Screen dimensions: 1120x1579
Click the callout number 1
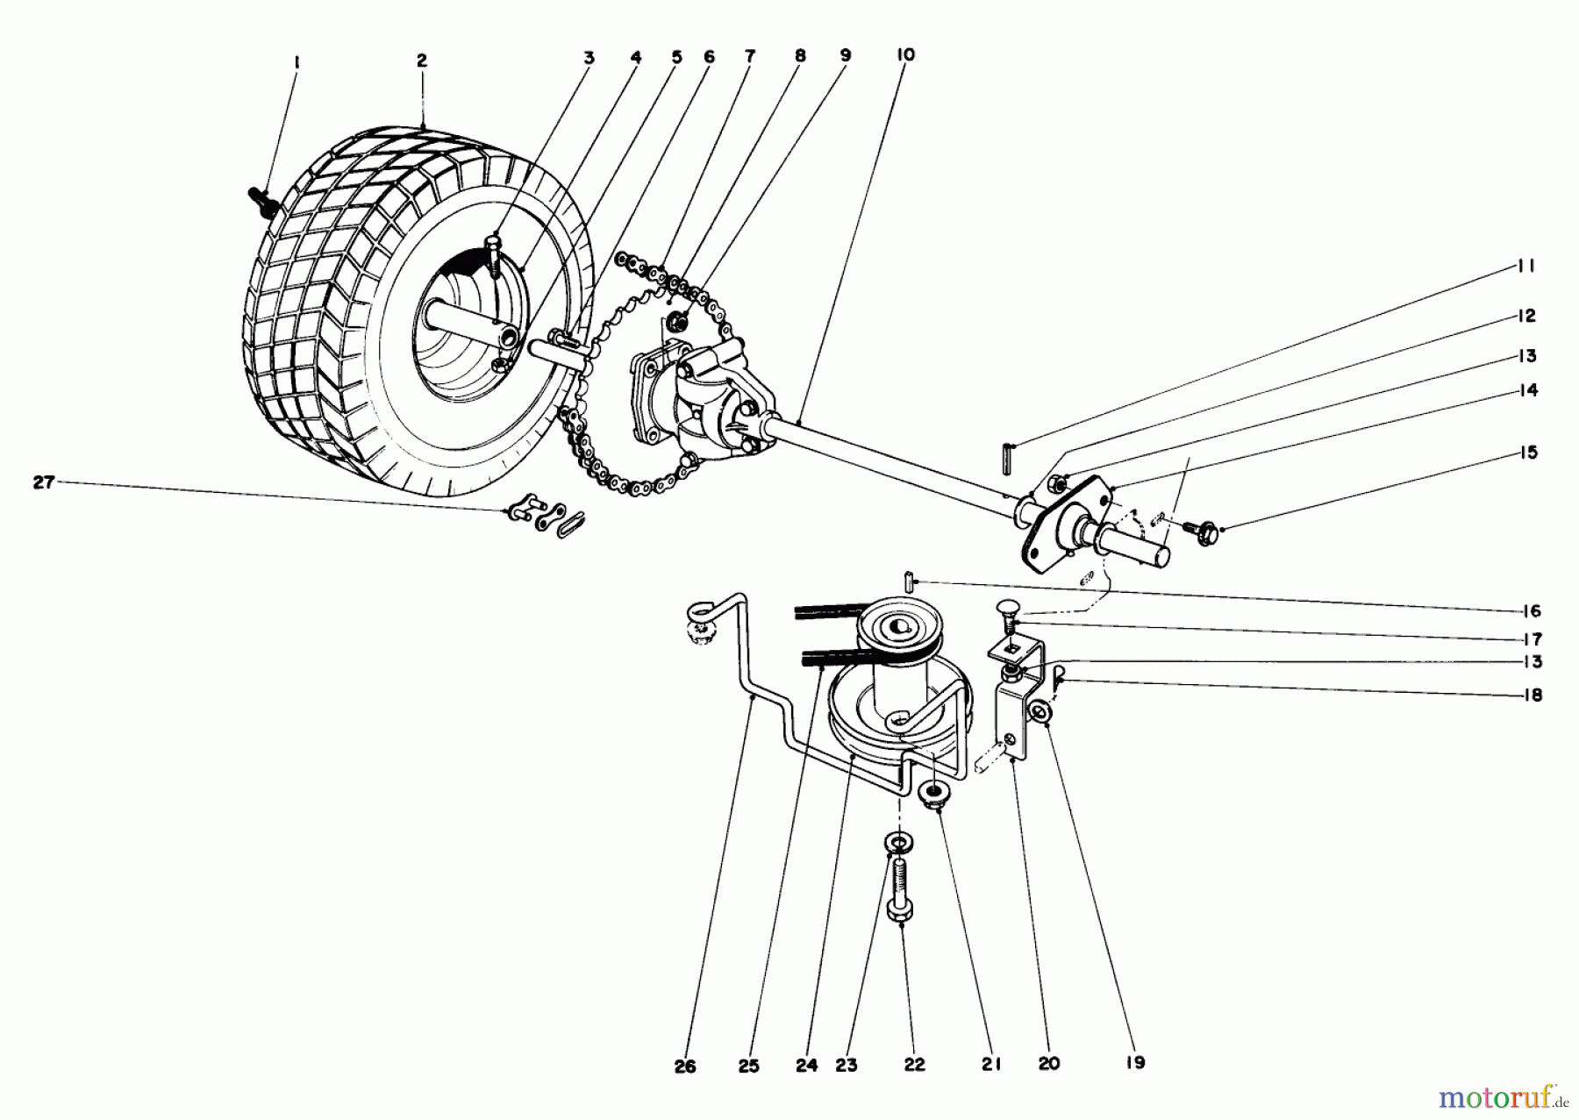[297, 62]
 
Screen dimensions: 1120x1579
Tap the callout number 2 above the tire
[422, 61]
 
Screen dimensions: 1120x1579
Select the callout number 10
[905, 55]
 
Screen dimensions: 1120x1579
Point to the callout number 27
[44, 482]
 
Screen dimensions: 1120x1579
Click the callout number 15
[1529, 453]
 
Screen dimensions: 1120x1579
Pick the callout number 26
[685, 1066]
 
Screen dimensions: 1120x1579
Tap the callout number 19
[1135, 1063]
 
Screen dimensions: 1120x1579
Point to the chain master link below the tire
[546, 522]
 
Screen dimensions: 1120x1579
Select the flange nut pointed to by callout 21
[932, 796]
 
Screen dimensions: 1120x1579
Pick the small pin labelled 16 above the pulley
[908, 581]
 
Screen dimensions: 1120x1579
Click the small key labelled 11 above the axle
[1008, 458]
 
